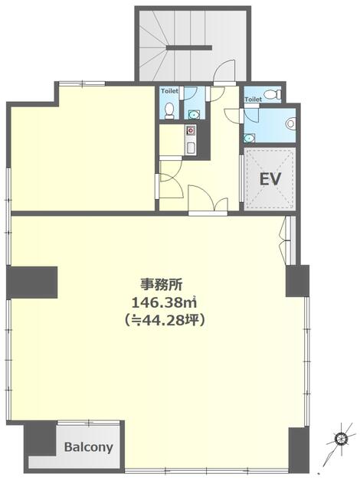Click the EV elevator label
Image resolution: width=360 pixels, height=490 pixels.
[270, 179]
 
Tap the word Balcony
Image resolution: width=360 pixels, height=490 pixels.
[88, 447]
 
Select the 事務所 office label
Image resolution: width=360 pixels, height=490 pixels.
[162, 284]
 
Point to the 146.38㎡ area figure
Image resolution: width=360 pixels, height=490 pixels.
[164, 302]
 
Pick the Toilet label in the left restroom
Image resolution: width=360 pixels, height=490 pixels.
[170, 91]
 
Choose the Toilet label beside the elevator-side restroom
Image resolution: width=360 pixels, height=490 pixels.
[253, 100]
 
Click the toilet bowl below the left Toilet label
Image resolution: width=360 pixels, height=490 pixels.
[169, 110]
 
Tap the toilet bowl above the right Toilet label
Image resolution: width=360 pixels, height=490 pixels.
[273, 94]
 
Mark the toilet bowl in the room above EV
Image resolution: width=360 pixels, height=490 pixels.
[290, 122]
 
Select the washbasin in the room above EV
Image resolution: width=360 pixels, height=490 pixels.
[249, 138]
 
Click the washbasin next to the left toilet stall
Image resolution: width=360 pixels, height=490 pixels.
[194, 115]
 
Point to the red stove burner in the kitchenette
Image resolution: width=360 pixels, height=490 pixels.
[190, 129]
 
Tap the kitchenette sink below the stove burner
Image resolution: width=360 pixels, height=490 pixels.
[190, 148]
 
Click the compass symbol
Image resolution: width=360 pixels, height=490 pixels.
[339, 439]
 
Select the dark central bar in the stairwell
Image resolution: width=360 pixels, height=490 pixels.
[189, 47]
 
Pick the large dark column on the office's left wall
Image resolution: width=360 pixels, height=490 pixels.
[32, 283]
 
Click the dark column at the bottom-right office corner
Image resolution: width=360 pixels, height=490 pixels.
[299, 449]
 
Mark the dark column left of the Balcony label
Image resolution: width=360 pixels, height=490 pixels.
[41, 438]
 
